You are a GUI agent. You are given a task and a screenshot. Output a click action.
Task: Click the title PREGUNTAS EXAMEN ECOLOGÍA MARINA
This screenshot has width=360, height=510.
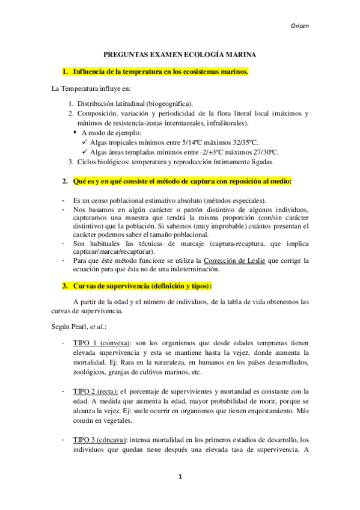coord(180,54)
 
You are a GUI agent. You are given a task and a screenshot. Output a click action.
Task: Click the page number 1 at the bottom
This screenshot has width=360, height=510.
coord(180,477)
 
